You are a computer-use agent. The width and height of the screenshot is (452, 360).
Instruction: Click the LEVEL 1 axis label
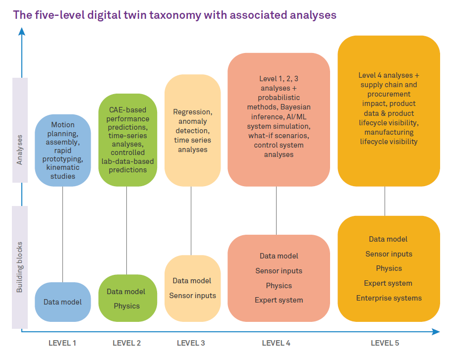62,343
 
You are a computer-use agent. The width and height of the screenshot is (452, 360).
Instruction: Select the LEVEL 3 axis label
191,343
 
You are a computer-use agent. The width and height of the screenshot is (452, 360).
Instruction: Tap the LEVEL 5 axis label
385,343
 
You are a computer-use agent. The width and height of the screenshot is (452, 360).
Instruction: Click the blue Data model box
63,302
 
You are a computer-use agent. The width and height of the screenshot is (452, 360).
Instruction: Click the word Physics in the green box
127,306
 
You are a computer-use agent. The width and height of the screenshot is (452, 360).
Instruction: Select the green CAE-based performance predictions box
128,140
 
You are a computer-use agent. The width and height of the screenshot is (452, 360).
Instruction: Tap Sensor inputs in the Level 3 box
193,296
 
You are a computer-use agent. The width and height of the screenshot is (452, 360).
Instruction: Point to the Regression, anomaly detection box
193,131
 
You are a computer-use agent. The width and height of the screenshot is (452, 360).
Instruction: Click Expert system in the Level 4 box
279,300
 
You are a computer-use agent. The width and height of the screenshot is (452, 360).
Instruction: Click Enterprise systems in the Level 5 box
389,298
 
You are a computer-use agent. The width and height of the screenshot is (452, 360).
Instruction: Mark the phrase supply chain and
389,85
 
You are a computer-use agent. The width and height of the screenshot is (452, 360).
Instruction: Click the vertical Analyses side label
20,150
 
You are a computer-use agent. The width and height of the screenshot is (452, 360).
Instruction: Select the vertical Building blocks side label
20,267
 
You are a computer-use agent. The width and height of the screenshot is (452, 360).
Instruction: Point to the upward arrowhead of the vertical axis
21,31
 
